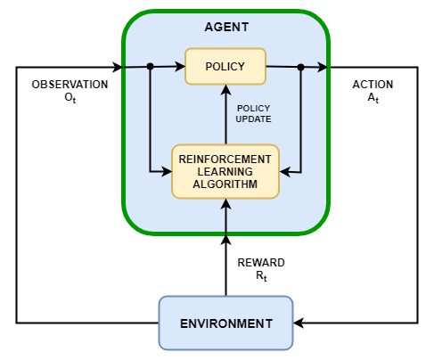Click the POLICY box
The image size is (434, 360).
(x=225, y=67)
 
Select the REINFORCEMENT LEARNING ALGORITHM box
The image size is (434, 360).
(x=225, y=171)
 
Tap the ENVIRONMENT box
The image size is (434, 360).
(x=225, y=322)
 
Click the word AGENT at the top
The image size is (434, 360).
(x=225, y=28)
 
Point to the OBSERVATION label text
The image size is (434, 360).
(x=70, y=85)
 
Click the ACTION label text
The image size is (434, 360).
(x=373, y=85)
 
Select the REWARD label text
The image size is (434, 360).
(x=261, y=263)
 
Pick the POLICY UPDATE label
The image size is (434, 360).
(x=254, y=113)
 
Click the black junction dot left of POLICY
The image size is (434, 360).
(x=151, y=66)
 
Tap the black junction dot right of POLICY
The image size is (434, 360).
(x=301, y=67)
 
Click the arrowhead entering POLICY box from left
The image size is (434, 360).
(x=180, y=66)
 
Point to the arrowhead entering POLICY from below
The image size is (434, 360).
(x=225, y=90)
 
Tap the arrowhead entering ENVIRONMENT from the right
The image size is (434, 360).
(x=299, y=322)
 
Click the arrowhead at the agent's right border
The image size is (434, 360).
(x=323, y=67)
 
